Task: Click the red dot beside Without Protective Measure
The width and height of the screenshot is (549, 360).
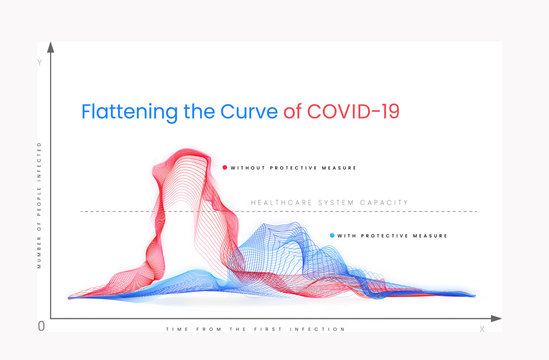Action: tap(225, 167)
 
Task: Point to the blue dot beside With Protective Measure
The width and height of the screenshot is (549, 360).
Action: tap(333, 236)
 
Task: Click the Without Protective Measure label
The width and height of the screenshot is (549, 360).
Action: tap(293, 167)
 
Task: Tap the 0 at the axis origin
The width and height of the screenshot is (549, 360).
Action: tap(41, 326)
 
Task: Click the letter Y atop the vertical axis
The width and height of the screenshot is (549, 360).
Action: tap(40, 63)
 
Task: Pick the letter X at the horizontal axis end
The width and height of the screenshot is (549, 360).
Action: tap(482, 328)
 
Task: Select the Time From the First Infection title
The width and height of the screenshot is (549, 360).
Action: tap(255, 329)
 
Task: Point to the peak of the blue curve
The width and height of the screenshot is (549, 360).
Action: tap(270, 227)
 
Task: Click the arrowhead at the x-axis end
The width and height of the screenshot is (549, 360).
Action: tap(497, 319)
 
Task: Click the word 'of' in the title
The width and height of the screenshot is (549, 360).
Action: tap(292, 111)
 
